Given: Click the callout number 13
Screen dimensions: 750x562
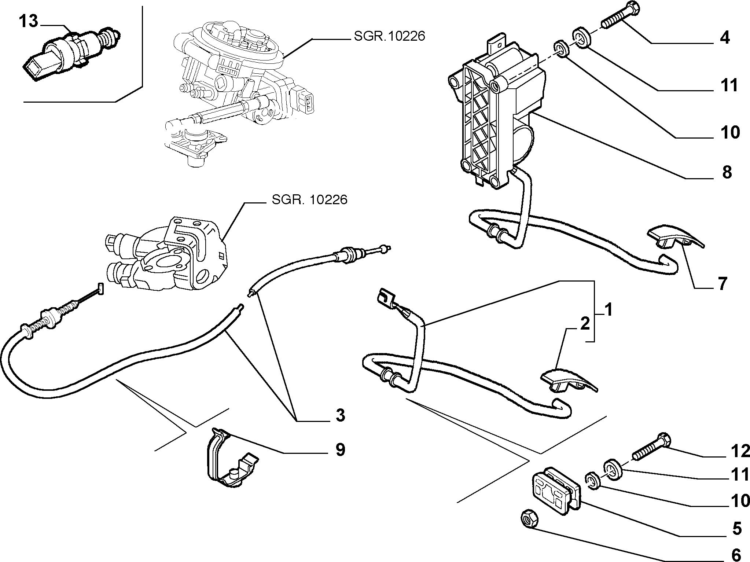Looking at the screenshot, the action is click(28, 22).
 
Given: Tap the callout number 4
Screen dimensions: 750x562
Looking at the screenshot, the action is click(724, 38).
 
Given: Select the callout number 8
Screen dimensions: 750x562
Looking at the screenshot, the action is click(727, 172).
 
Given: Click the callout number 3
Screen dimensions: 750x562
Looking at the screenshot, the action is click(341, 415).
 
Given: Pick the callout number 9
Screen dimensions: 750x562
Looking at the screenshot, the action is click(340, 449).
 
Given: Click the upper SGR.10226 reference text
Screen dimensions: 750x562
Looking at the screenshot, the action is click(390, 36).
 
